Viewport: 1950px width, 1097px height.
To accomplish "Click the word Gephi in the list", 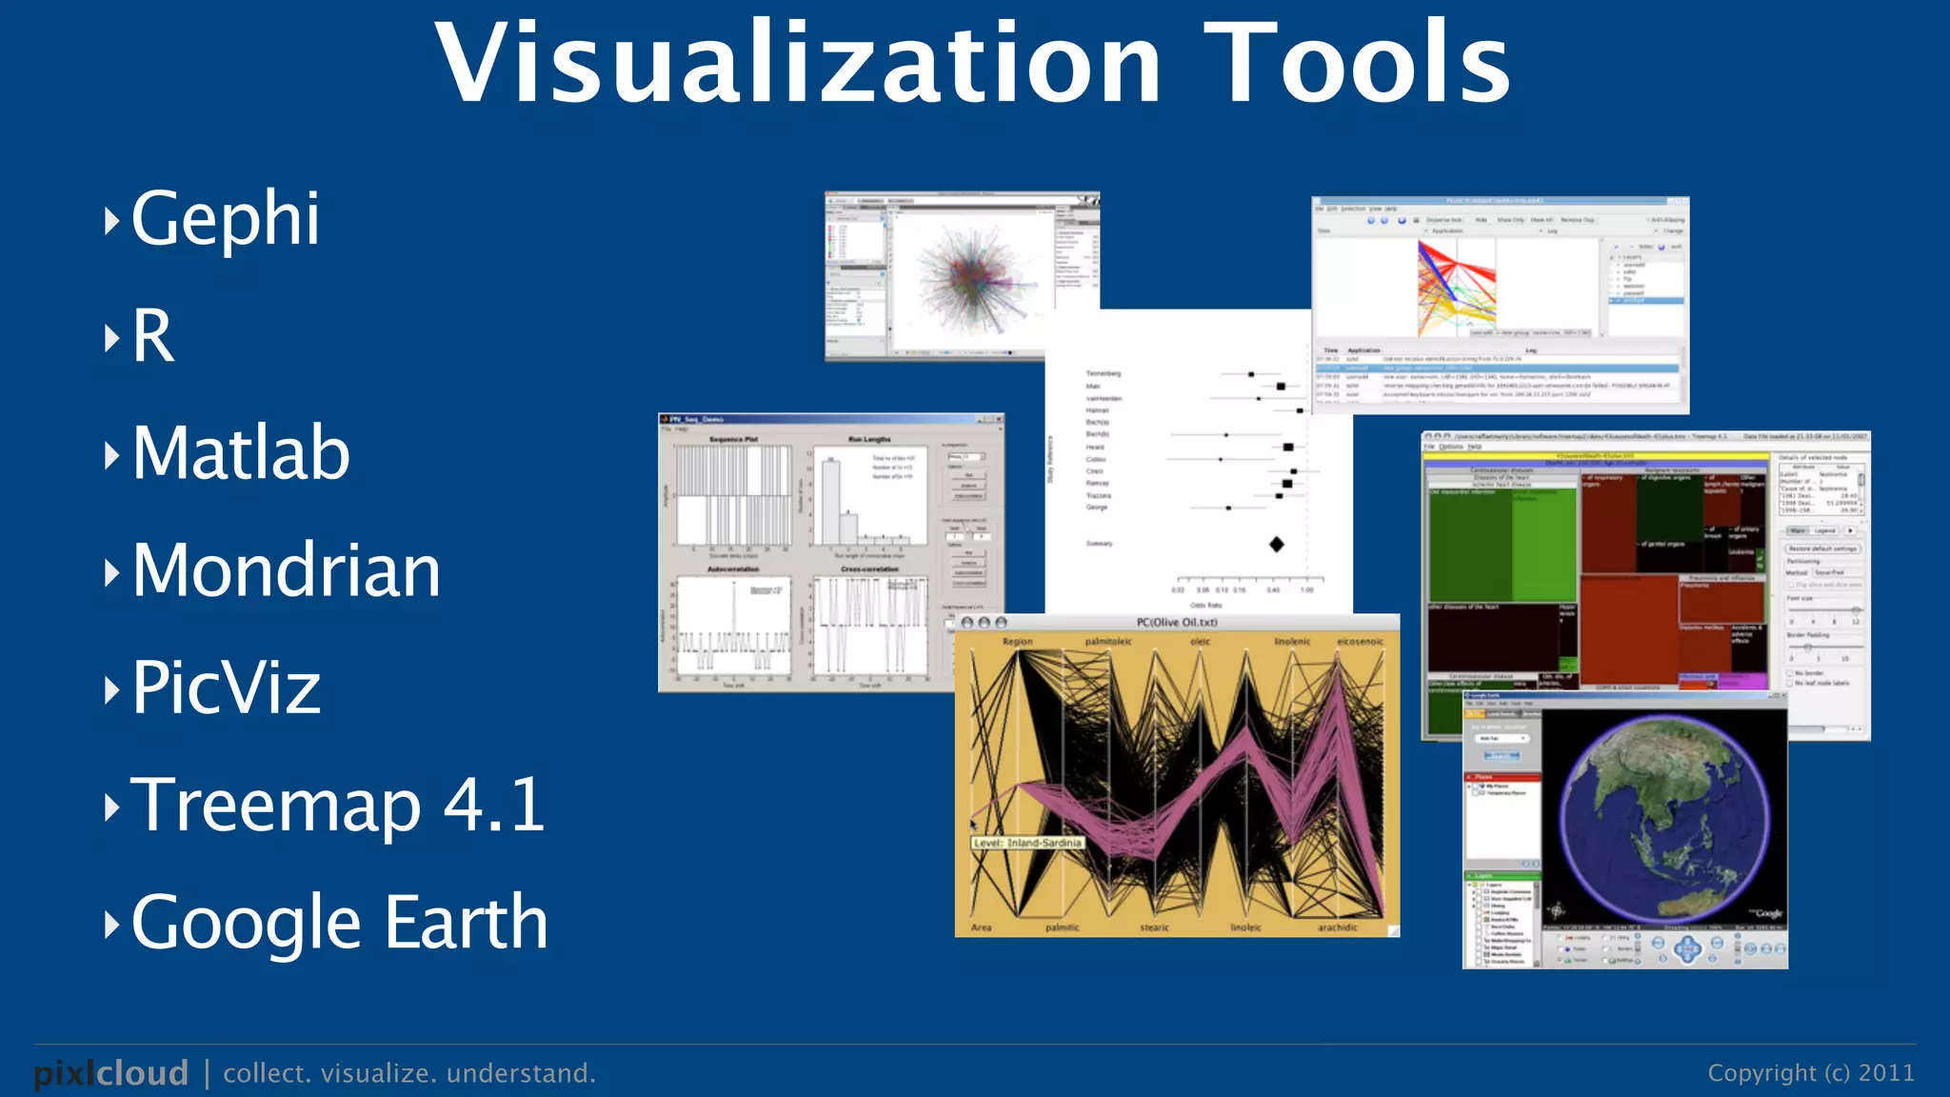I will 225,219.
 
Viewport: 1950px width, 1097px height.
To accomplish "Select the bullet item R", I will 153,336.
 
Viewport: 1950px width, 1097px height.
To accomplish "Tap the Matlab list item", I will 241,453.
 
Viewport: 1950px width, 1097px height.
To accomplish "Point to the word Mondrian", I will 286,570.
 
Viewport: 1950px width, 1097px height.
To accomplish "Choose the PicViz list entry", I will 226,688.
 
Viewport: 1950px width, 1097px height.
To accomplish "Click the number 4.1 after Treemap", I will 494,806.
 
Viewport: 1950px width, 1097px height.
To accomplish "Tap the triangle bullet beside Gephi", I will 111,221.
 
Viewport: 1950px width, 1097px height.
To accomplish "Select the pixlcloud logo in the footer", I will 111,1073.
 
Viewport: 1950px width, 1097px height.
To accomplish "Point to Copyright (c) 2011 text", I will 1810,1073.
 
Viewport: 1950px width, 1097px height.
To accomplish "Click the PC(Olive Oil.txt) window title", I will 1177,623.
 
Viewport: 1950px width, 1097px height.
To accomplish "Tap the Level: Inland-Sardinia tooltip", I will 1028,843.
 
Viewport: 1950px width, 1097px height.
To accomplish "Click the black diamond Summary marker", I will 1277,544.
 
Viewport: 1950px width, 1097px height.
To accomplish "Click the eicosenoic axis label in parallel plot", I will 1359,642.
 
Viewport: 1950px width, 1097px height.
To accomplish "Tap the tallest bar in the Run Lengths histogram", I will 831,501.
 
